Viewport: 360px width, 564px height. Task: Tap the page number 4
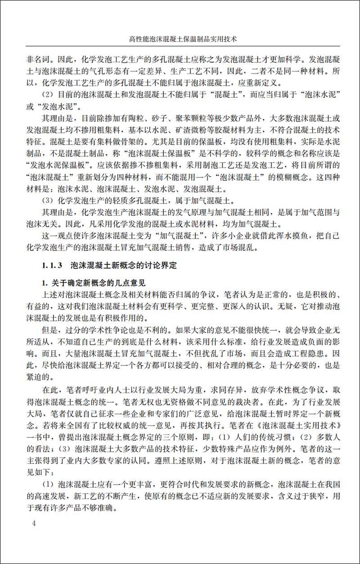point(34,523)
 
